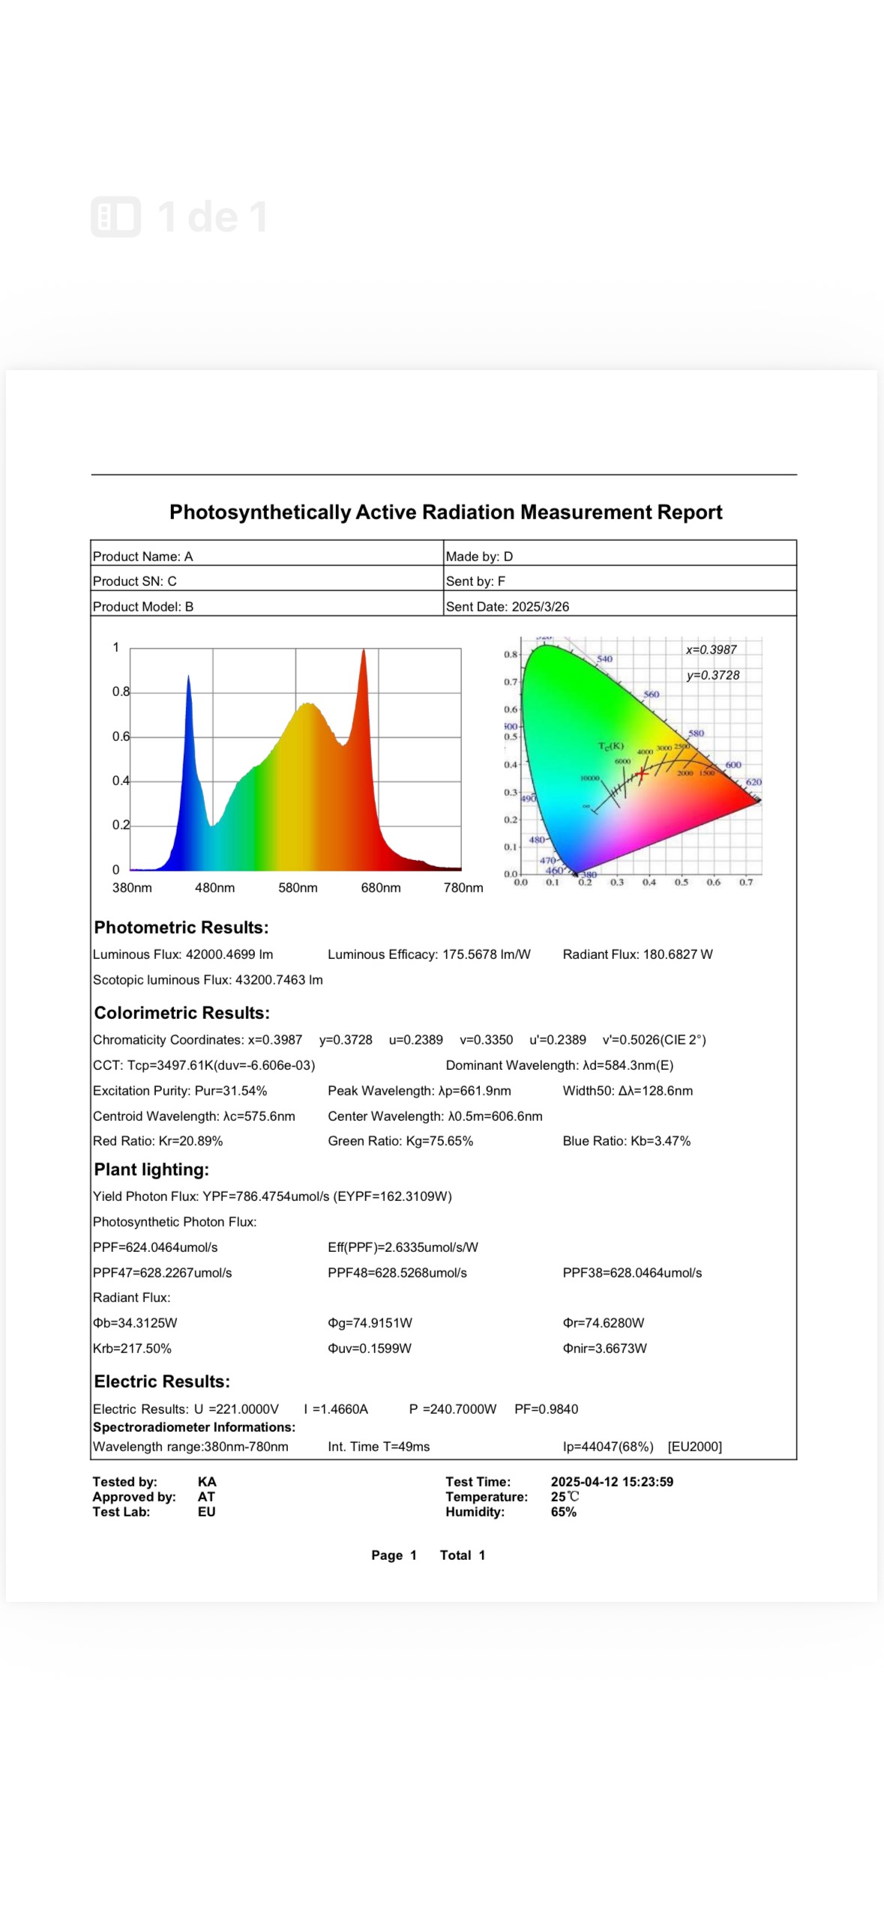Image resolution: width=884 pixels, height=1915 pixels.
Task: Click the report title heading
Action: coord(445,512)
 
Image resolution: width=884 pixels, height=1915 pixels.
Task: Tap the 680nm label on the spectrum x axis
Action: coord(380,888)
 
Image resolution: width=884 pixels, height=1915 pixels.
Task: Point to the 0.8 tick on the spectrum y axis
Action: coord(120,692)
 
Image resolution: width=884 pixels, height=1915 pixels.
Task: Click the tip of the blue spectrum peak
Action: coord(188,677)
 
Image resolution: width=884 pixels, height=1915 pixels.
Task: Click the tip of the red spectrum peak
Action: coord(364,650)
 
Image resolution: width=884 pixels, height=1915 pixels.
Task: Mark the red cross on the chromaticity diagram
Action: coord(641,772)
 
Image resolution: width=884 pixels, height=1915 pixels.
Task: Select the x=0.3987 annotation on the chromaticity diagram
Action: coord(711,650)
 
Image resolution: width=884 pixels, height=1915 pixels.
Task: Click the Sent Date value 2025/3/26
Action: coord(540,606)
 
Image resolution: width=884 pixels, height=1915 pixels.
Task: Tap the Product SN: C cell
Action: coord(135,581)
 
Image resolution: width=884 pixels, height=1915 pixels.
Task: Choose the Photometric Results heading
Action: coord(181,927)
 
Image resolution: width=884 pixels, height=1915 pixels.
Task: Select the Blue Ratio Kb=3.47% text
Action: coord(626,1140)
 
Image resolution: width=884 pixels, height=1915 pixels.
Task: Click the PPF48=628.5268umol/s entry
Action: coord(397,1272)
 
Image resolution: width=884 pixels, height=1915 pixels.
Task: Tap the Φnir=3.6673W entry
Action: coord(604,1348)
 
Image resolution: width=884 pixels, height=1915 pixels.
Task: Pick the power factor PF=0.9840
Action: coord(546,1409)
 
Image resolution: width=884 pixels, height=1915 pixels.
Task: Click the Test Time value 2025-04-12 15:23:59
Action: coord(612,1481)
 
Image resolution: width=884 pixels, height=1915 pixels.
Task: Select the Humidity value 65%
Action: coord(563,1511)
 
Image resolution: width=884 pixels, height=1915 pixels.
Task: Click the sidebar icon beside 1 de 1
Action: coord(115,217)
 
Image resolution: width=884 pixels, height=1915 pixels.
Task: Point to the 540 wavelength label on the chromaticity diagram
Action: coord(604,659)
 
